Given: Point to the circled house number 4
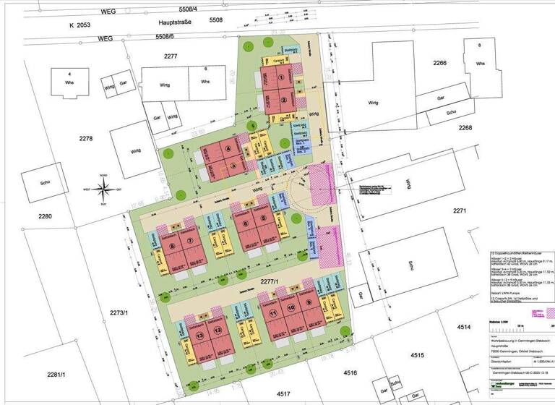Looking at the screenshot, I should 230,150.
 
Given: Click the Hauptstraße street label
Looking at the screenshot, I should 178,23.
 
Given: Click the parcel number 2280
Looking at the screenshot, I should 46,217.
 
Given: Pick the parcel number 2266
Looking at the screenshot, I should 439,64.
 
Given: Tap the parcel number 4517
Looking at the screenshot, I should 283,394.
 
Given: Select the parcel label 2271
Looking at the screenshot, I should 460,211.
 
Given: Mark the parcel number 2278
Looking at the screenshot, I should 86,138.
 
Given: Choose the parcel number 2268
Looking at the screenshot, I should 463,127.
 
